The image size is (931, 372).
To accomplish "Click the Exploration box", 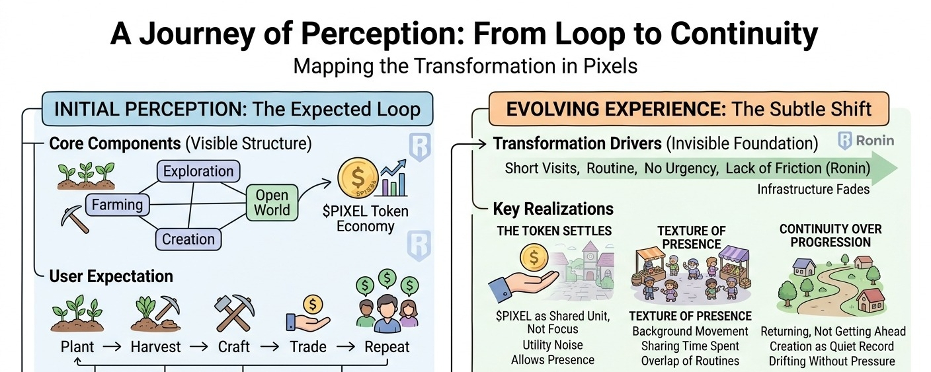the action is pyautogui.click(x=198, y=171).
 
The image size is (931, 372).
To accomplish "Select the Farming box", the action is pyautogui.click(x=117, y=205).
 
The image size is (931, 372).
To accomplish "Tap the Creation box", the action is pyautogui.click(x=188, y=239).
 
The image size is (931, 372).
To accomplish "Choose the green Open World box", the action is pyautogui.click(x=272, y=203).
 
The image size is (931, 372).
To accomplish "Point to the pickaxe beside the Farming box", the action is pyautogui.click(x=75, y=219).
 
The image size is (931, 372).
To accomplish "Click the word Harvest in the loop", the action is pyautogui.click(x=156, y=347).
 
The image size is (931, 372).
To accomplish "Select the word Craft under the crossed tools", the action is pyautogui.click(x=234, y=347).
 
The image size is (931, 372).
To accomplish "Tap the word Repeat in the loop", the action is pyautogui.click(x=387, y=347).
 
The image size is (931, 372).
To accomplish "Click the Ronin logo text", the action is pyautogui.click(x=875, y=140).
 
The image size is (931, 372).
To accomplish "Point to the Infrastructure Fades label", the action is pyautogui.click(x=813, y=190).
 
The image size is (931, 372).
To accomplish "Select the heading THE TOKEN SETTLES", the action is pyautogui.click(x=555, y=231).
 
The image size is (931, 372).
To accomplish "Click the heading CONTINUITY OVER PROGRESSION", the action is pyautogui.click(x=830, y=235).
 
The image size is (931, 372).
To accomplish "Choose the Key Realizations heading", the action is pyautogui.click(x=553, y=209).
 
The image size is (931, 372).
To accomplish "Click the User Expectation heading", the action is pyautogui.click(x=111, y=276).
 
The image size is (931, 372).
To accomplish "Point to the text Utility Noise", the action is pyautogui.click(x=552, y=345).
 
